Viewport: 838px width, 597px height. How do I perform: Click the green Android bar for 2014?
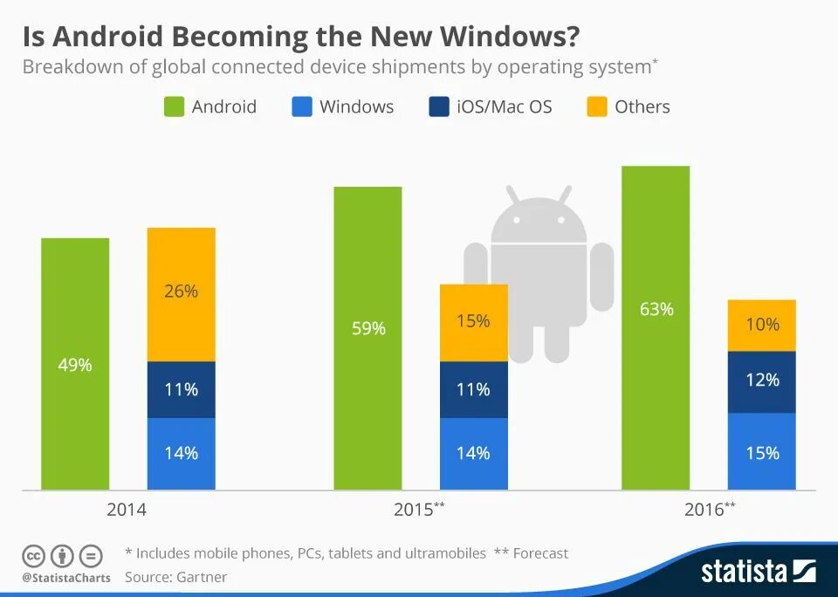click(x=75, y=363)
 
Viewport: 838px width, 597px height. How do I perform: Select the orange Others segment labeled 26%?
click(x=181, y=294)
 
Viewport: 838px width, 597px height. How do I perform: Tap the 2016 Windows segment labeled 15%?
click(x=762, y=451)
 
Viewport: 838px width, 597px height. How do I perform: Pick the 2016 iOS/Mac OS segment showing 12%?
click(x=762, y=381)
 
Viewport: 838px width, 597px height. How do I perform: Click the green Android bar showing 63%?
click(x=656, y=327)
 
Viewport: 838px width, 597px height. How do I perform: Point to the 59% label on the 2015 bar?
click(x=367, y=329)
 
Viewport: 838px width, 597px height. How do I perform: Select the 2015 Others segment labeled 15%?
click(x=473, y=322)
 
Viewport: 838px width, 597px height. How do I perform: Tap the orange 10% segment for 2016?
click(x=762, y=326)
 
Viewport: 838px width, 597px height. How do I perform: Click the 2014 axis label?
click(x=127, y=511)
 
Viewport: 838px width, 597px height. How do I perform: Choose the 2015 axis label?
click(x=414, y=511)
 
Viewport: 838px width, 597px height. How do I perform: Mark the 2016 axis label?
click(x=704, y=511)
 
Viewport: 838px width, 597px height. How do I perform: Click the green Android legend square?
click(x=175, y=107)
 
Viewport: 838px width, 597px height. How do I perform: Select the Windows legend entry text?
click(x=356, y=107)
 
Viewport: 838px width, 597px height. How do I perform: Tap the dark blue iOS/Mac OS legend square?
click(x=438, y=107)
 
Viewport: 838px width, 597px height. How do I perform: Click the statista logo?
click(x=757, y=572)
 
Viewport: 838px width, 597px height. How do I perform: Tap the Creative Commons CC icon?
click(x=34, y=555)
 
